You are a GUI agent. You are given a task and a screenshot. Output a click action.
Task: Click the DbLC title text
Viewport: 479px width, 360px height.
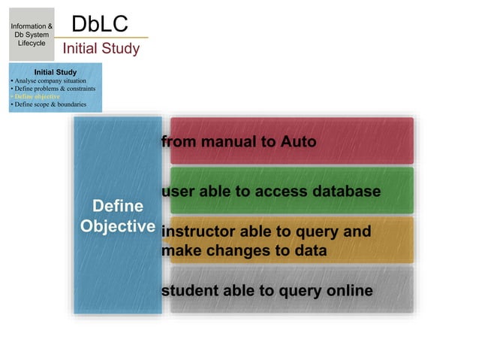[101, 23]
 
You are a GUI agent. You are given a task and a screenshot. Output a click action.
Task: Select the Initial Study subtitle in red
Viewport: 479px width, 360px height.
[101, 49]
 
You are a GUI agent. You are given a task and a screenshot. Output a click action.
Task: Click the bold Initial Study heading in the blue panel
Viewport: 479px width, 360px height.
[56, 72]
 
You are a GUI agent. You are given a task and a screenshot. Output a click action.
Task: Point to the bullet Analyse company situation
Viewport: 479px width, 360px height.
[50, 80]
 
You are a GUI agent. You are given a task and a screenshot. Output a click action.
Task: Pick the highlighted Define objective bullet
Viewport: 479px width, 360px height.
[37, 96]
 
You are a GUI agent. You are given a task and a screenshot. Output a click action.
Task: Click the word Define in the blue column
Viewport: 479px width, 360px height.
[117, 206]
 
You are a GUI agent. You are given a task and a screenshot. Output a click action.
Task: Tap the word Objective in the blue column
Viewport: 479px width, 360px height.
[117, 226]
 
